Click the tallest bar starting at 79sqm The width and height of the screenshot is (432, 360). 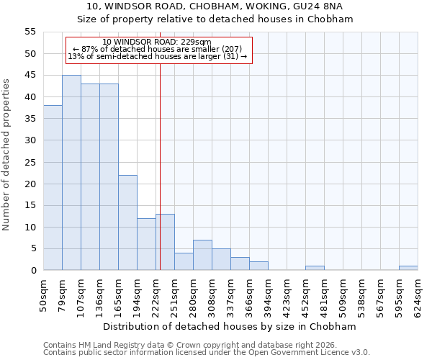point(71,173)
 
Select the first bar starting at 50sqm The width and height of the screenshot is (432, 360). point(53,188)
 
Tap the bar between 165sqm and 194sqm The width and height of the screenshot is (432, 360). point(127,222)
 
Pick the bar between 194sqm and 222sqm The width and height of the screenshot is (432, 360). point(146,244)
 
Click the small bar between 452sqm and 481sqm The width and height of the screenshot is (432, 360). point(315,268)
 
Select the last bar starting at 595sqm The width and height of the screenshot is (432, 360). point(408,268)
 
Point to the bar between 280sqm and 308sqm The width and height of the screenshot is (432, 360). point(202,255)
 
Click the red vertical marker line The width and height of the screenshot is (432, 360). point(160,166)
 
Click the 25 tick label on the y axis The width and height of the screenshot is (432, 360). point(30,162)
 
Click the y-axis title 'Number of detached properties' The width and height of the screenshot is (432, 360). point(7,155)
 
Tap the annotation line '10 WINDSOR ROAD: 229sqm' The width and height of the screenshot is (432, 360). point(157,42)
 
